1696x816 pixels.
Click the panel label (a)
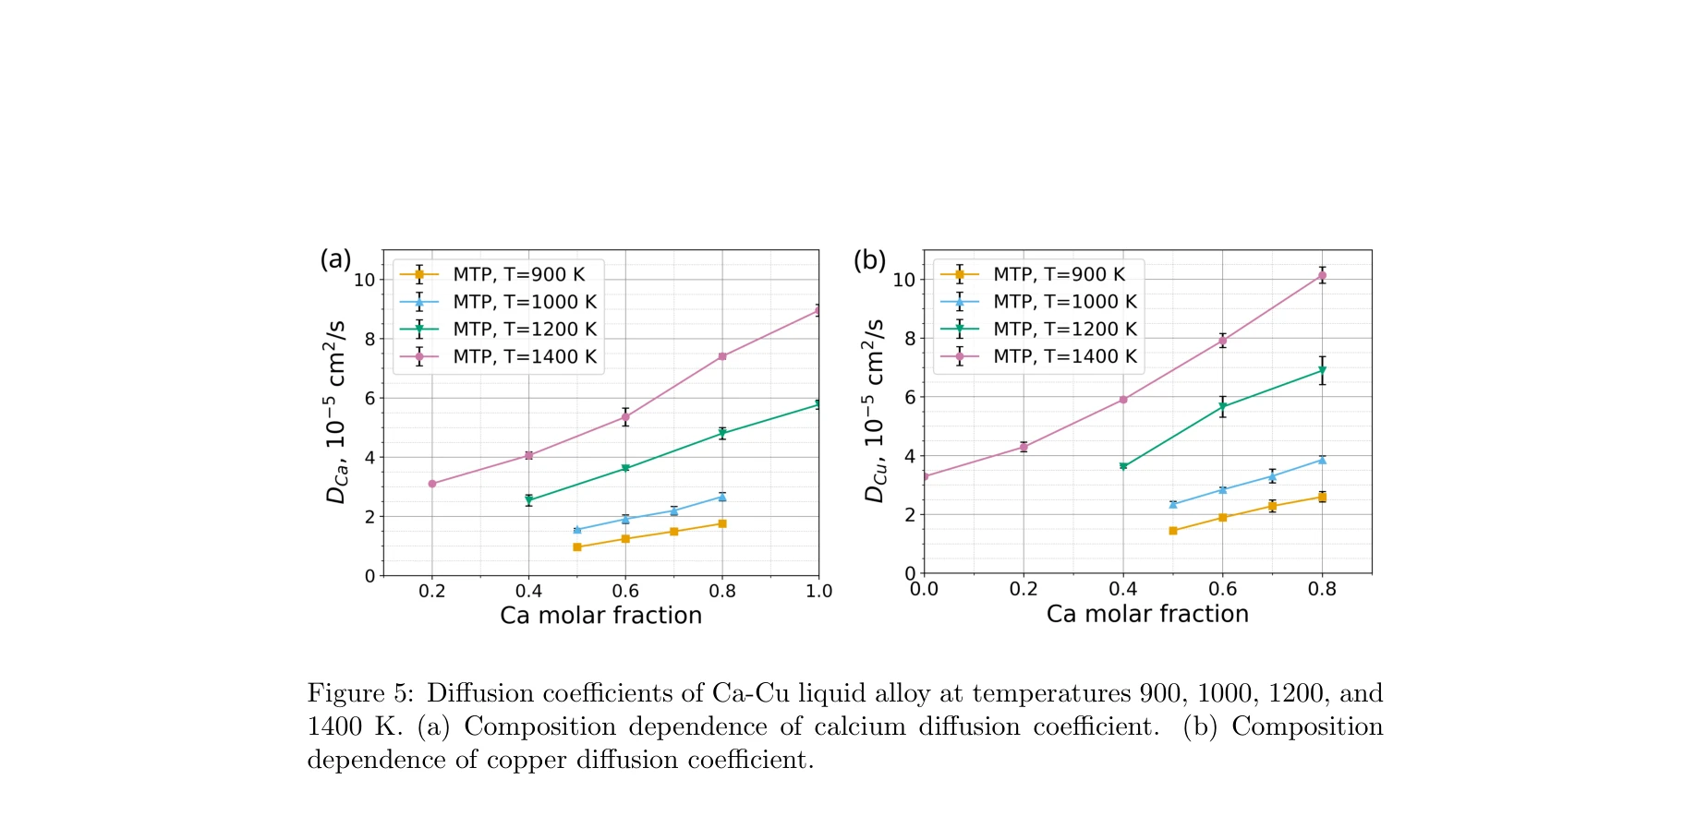335,259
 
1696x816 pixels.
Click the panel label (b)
869,260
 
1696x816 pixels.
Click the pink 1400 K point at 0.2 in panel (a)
432,484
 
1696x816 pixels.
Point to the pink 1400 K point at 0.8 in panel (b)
1322,275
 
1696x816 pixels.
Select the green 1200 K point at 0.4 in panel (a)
528,500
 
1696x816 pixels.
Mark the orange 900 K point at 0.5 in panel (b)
1173,531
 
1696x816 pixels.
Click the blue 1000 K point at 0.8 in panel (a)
722,498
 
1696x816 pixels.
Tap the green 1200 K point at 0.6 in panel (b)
1222,407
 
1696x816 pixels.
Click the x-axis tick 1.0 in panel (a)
818,592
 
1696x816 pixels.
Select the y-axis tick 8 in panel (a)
369,339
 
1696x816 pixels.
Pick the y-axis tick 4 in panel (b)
909,456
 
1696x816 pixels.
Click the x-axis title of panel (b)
1146,615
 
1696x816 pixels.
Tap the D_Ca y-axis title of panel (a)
335,412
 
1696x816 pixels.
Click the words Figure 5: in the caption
360,693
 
